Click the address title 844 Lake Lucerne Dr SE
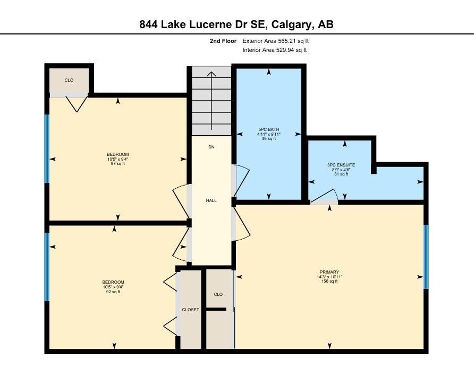click(x=202, y=24)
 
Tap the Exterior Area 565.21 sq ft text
click(x=275, y=41)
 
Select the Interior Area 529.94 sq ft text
click(x=275, y=50)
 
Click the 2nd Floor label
click(x=223, y=41)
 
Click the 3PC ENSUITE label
click(x=341, y=165)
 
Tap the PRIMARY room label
click(x=329, y=272)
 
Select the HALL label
click(x=211, y=200)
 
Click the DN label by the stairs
click(x=211, y=147)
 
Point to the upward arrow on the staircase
click(x=211, y=101)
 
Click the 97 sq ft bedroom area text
click(x=118, y=163)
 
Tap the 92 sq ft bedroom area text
click(x=113, y=292)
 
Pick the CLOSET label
click(x=190, y=310)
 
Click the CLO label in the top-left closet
click(x=69, y=80)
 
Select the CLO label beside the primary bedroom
click(x=218, y=294)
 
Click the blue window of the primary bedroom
click(x=426, y=257)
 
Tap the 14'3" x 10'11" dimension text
click(x=329, y=277)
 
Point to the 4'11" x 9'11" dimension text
click(x=269, y=134)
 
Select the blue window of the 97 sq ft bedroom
click(x=47, y=149)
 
